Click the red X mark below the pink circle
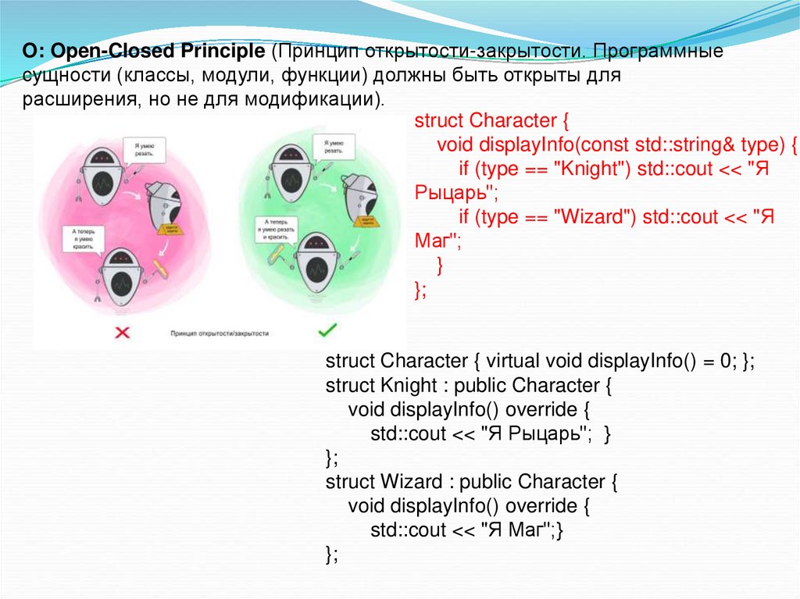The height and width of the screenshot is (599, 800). click(123, 333)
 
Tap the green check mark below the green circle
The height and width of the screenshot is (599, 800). click(327, 331)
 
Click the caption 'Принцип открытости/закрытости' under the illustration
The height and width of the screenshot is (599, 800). click(220, 333)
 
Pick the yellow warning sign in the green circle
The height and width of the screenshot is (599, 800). click(365, 221)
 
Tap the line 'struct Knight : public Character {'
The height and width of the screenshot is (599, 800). click(466, 386)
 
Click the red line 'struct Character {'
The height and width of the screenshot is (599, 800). click(491, 121)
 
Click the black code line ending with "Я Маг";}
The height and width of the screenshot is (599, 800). click(466, 530)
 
